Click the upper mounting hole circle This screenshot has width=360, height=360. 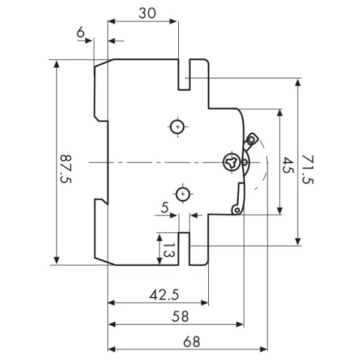pos(178,127)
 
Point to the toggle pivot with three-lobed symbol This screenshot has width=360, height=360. pos(230,161)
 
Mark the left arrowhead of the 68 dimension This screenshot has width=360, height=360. pos(109,349)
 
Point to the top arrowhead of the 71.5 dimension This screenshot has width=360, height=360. pos(298,80)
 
